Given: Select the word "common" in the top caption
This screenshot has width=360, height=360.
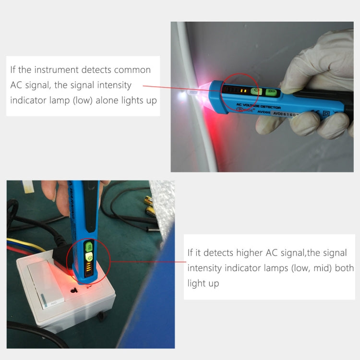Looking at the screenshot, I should [133, 70].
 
